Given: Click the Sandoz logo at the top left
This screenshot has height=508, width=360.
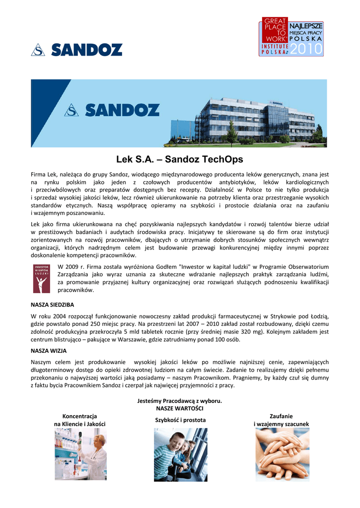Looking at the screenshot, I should (76, 50).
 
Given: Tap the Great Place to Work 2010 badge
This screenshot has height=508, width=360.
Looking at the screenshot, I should (291, 36).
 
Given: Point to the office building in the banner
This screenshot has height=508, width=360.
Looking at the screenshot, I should (256, 119).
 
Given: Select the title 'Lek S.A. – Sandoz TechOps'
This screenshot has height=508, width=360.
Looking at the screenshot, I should (179, 160).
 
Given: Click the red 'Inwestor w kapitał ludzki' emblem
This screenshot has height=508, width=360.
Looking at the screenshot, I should (41, 279).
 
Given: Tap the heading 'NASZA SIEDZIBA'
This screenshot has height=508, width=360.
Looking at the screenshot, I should (52, 304).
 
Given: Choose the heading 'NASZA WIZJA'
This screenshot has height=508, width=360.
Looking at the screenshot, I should (49, 350).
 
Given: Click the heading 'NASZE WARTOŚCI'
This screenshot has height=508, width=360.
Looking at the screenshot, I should (179, 408).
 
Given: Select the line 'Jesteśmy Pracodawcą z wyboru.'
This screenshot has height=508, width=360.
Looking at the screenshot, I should (179, 400).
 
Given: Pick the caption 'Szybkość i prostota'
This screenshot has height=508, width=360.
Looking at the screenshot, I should (180, 420).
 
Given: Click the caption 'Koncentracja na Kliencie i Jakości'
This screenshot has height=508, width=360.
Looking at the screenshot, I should (79, 420).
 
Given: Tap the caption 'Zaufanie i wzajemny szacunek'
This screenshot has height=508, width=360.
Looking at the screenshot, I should (281, 420).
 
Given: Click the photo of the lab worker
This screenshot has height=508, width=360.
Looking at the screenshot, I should (80, 454).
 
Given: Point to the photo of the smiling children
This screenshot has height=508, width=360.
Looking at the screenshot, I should (180, 455).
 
